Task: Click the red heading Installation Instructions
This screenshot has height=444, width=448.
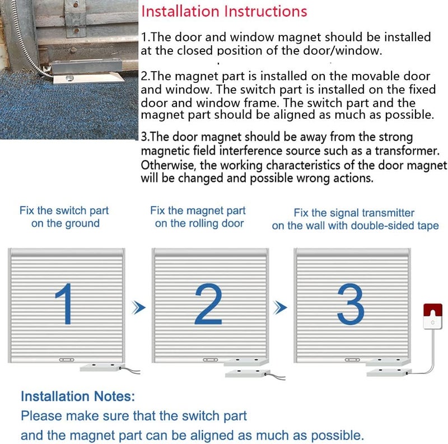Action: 224,11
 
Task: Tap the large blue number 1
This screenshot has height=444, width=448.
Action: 66,304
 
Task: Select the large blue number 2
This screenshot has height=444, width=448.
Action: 208,304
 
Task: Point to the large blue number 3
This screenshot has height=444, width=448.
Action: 352,304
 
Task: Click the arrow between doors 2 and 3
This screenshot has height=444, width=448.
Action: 281,307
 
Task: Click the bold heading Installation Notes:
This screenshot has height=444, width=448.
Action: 78,397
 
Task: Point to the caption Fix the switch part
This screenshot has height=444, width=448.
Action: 64,211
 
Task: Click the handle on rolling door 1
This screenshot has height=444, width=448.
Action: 66,359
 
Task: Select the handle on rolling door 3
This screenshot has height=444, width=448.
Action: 352,359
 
